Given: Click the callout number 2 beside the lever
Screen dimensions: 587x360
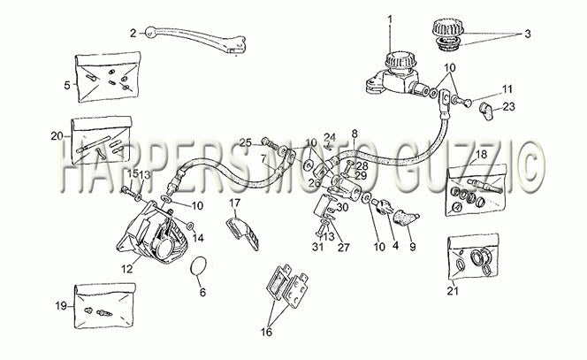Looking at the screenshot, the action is pyautogui.click(x=133, y=34).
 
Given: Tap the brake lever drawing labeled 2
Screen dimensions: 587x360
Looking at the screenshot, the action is pyautogui.click(x=194, y=39).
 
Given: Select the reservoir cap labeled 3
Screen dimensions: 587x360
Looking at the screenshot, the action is pyautogui.click(x=447, y=34).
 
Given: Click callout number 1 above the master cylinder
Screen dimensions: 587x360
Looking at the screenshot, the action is pyautogui.click(x=390, y=19).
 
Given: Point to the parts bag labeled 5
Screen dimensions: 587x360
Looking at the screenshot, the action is pyautogui.click(x=108, y=77).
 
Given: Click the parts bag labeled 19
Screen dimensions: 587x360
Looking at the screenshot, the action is pyautogui.click(x=104, y=306).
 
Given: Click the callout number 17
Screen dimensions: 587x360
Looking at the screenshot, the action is pyautogui.click(x=235, y=203).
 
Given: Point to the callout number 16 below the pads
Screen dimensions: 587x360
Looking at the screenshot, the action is pyautogui.click(x=267, y=332).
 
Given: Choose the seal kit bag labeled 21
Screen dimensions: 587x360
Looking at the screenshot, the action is pyautogui.click(x=473, y=257).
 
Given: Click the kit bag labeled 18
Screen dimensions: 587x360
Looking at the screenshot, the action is pyautogui.click(x=477, y=190).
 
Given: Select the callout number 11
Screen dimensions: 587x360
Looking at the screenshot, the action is pyautogui.click(x=507, y=89).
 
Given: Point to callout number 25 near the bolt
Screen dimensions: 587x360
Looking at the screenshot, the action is pyautogui.click(x=247, y=142).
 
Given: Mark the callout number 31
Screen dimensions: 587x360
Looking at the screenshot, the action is pyautogui.click(x=318, y=248).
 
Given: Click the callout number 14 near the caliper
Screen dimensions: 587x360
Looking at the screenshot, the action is pyautogui.click(x=198, y=238).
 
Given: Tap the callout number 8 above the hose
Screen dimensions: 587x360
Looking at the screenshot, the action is pyautogui.click(x=354, y=134).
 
